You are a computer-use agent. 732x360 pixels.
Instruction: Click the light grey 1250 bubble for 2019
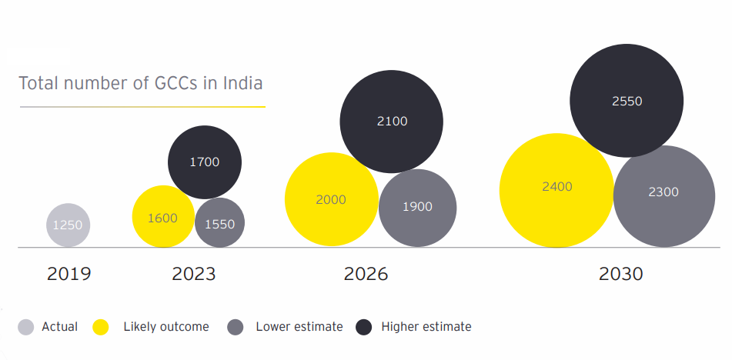[x=69, y=225]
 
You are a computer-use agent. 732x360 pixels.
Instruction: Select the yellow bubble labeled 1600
[x=162, y=217]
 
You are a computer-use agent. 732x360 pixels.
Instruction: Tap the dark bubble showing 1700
[x=205, y=162]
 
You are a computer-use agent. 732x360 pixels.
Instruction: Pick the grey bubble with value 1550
[x=220, y=224]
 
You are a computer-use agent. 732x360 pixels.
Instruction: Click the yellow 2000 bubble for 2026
[x=331, y=199]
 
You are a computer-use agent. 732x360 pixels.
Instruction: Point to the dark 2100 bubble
[x=392, y=121]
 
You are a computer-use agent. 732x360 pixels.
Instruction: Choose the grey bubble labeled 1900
[x=417, y=207]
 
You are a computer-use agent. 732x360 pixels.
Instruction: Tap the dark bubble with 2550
[x=627, y=101]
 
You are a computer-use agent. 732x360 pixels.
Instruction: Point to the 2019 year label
[x=69, y=274]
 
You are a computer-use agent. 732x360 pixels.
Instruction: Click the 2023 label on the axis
[x=194, y=274]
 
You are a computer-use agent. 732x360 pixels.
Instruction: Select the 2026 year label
[x=366, y=274]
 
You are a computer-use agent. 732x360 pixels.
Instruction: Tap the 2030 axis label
[x=620, y=274]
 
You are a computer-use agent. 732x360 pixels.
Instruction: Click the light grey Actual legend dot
[x=26, y=327]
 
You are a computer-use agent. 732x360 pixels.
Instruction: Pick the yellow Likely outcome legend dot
[x=101, y=327]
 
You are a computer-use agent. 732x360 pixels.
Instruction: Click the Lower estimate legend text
[x=299, y=327]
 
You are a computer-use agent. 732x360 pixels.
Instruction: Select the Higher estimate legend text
[x=426, y=327]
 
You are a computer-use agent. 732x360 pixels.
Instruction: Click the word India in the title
[x=242, y=83]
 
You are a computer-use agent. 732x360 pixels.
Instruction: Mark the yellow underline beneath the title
[x=142, y=106]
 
